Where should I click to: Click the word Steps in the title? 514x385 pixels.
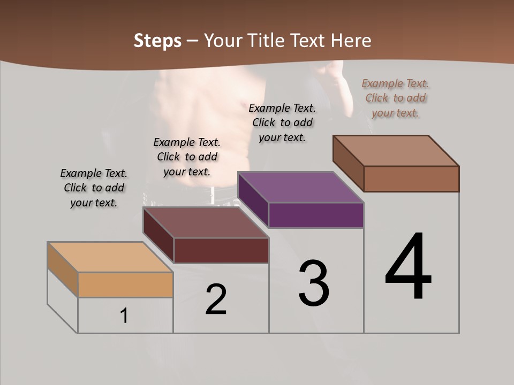tap(157, 41)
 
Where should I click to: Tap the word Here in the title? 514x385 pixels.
tap(351, 41)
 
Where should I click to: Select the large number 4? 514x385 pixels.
tap(408, 267)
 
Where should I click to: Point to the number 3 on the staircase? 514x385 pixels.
tap(314, 283)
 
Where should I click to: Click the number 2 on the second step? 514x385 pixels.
tap(216, 299)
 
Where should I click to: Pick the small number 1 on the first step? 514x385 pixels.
tap(124, 316)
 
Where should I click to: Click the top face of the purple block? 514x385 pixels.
tap(300, 187)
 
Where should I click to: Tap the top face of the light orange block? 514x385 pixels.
tap(110, 257)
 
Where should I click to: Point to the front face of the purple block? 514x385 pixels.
tap(316, 215)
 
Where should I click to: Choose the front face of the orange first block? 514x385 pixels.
tap(125, 284)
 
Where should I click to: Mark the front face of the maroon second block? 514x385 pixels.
tap(221, 250)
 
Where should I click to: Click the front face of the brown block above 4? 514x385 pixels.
tap(411, 179)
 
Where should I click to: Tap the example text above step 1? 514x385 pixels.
tap(94, 188)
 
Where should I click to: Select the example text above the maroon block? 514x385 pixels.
tap(187, 157)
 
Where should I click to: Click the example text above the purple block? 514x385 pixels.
tap(282, 122)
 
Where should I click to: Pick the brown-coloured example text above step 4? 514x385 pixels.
tap(395, 98)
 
